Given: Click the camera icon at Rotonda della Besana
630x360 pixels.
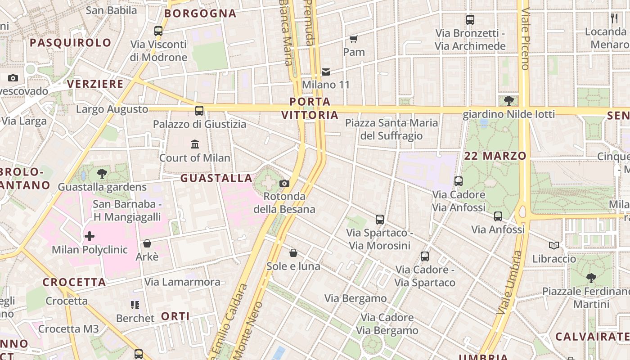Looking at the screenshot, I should point(284,183).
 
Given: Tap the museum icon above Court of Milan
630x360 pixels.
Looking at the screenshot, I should point(195,144).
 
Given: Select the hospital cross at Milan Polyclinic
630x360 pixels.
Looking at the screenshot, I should point(90,236).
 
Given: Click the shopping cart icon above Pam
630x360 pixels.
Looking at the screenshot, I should point(354,39).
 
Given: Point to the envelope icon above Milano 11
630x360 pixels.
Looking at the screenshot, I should point(326,72).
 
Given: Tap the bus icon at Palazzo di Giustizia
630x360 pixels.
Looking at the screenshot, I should point(199,111).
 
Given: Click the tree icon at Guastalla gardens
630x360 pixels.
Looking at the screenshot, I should point(102,173).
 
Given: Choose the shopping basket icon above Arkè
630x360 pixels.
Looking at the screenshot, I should point(147,244).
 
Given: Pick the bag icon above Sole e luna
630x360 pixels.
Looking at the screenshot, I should point(293,253).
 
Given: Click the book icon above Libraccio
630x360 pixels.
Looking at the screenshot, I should point(554,245).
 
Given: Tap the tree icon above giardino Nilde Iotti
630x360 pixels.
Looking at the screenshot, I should point(509,101).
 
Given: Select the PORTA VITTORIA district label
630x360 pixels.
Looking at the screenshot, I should point(310,108).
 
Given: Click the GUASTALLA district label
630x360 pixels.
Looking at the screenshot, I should point(216,178).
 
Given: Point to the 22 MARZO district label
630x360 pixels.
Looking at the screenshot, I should point(495,156).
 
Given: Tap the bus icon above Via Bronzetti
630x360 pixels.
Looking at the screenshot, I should point(470,20).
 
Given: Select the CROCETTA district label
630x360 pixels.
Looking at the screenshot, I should point(75,283).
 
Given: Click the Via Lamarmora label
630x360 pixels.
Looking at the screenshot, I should point(182,282).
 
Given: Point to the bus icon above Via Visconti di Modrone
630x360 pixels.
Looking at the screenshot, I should point(158,31).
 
